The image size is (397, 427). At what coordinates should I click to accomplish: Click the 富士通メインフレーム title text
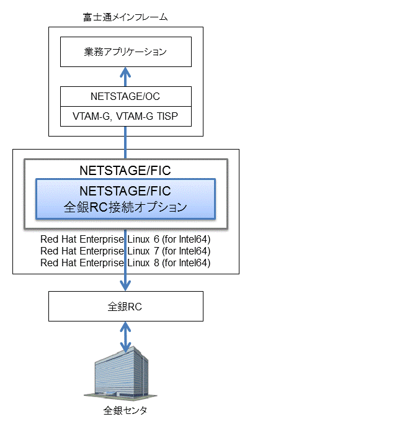pos(125,17)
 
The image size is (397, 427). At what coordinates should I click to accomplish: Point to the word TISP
pos(167,116)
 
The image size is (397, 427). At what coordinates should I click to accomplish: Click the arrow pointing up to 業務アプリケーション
pos(125,77)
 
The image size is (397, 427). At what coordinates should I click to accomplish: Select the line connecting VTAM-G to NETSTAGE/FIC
pos(125,142)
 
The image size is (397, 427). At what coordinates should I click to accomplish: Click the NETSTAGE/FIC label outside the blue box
pos(125,171)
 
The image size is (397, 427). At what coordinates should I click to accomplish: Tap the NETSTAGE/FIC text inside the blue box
pos(125,191)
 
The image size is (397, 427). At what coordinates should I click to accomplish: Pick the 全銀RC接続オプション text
pos(125,207)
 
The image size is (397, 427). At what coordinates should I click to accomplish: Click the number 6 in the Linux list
pos(156,239)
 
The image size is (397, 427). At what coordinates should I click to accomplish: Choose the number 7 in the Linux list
pos(156,251)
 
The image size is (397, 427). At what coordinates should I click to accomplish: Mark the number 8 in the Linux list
pos(156,263)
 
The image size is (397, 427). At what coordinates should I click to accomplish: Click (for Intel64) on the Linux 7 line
pos(186,251)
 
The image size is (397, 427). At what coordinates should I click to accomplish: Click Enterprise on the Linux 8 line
pos(102,263)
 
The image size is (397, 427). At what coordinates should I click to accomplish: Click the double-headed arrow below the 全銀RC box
pos(125,337)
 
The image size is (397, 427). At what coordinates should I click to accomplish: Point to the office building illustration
pos(120,373)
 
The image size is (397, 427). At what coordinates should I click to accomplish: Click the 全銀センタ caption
pos(125,410)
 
